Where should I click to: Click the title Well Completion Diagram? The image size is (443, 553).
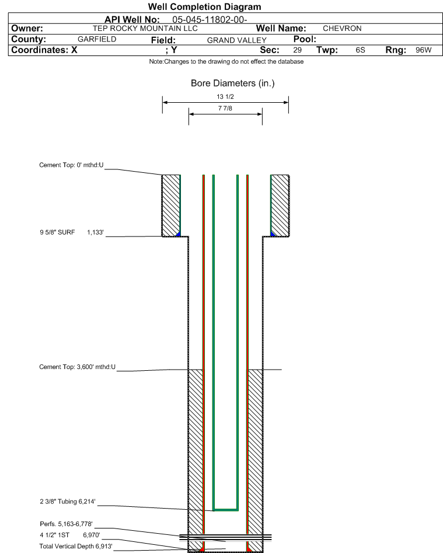(x=204, y=6)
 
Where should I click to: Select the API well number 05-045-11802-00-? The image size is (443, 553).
(x=210, y=19)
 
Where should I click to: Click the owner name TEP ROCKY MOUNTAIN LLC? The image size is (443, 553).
(x=145, y=29)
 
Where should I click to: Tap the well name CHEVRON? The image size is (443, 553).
(x=342, y=29)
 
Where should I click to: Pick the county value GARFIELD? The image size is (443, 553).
(x=97, y=39)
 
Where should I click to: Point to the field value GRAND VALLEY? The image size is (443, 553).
(x=236, y=40)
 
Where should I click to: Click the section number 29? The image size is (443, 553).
(x=298, y=50)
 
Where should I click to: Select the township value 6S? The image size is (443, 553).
(x=360, y=50)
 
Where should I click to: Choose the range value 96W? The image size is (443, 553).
(x=423, y=50)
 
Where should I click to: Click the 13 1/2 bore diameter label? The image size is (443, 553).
(x=225, y=96)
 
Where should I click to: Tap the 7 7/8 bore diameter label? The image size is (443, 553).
(x=225, y=108)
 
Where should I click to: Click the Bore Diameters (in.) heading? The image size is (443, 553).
(x=233, y=84)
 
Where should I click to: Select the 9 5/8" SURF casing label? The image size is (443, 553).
(x=57, y=232)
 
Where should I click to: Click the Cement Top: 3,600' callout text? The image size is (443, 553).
(x=77, y=367)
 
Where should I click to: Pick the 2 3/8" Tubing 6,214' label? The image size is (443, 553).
(x=67, y=502)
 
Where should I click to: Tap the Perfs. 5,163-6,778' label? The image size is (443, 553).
(x=66, y=524)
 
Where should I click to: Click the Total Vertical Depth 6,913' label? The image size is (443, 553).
(x=76, y=547)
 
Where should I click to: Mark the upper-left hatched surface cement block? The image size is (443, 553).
(x=171, y=206)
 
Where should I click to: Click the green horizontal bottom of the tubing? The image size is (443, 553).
(x=225, y=510)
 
